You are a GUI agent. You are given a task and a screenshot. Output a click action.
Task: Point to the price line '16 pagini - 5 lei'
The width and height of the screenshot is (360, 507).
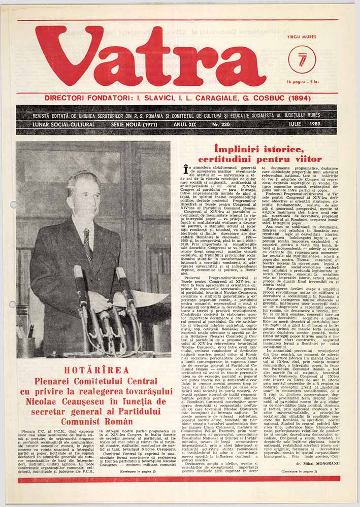click(x=303, y=82)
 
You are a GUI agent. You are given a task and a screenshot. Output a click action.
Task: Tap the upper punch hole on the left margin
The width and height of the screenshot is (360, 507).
click(x=13, y=205)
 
